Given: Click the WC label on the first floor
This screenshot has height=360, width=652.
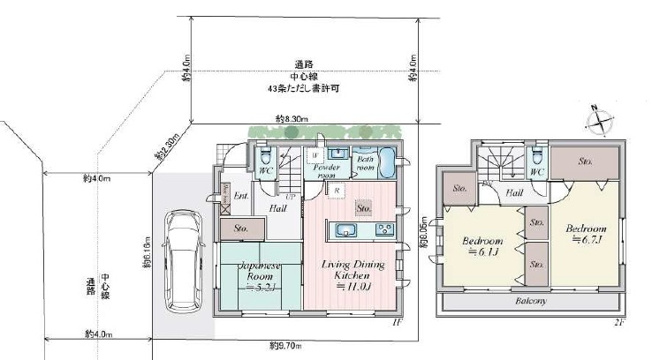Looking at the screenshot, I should coord(267,170).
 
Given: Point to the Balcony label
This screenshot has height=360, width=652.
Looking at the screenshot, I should coord(531,300).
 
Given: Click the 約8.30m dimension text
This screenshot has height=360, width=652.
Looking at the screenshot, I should coord(291,121).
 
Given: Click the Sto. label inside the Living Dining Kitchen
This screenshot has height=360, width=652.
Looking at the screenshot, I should coord(364,208).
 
